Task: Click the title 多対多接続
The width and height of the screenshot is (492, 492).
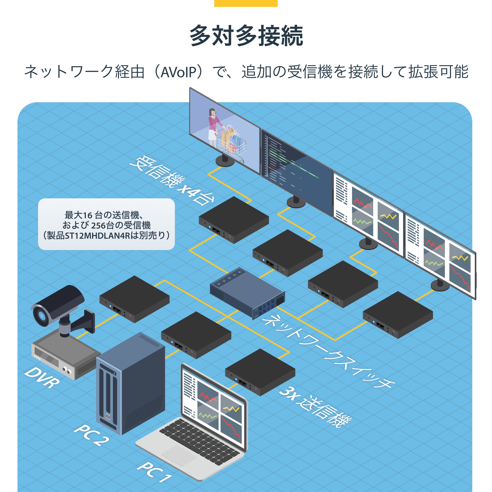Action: (246, 36)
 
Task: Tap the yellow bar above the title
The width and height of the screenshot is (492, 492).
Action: (246, 3)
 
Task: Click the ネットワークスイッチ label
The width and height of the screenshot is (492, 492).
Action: (328, 353)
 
